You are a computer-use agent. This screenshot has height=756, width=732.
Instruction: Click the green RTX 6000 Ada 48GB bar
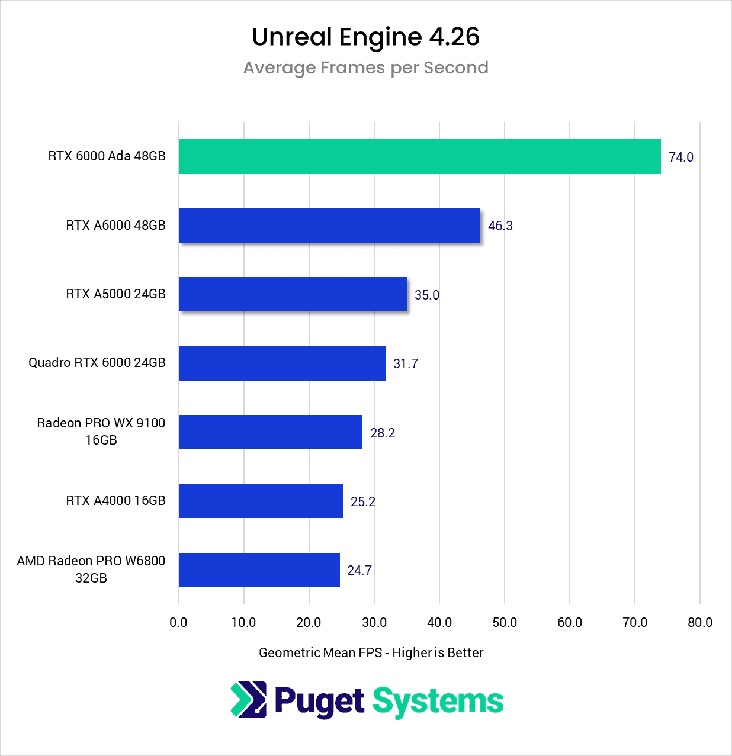coord(419,157)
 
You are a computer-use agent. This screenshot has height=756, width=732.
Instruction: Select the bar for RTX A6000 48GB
coord(329,226)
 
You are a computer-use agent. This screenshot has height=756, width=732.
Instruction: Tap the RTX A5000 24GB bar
coord(293,294)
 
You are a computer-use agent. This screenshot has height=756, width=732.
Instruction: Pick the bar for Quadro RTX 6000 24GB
coord(282,363)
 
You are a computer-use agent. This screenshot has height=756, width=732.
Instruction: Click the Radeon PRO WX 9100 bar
coord(271,432)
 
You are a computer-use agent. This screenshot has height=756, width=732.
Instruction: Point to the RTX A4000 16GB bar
coord(261,501)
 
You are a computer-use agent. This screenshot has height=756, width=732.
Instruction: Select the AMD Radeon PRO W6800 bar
coord(259,570)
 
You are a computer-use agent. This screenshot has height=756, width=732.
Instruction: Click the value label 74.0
coord(680,157)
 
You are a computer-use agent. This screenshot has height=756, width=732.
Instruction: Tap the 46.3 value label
coord(500,226)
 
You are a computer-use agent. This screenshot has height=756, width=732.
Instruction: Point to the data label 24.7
coord(359,571)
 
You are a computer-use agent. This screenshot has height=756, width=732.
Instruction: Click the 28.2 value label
coord(382,433)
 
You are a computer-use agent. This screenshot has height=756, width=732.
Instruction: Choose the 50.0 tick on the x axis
coord(504,623)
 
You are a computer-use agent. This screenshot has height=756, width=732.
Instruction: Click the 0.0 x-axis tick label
coord(178,623)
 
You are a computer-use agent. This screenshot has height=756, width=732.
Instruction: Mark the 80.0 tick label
coord(699,623)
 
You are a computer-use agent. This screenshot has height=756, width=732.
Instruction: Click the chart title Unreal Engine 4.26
coord(365,37)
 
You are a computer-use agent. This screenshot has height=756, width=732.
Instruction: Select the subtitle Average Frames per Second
coord(365,68)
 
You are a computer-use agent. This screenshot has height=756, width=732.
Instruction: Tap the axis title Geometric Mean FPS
coord(371,653)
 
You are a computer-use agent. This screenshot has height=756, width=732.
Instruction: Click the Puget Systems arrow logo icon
coord(249,700)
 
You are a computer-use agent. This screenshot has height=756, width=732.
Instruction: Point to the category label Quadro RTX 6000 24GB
coord(97,363)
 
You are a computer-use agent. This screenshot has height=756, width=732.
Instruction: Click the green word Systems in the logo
coord(438,702)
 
